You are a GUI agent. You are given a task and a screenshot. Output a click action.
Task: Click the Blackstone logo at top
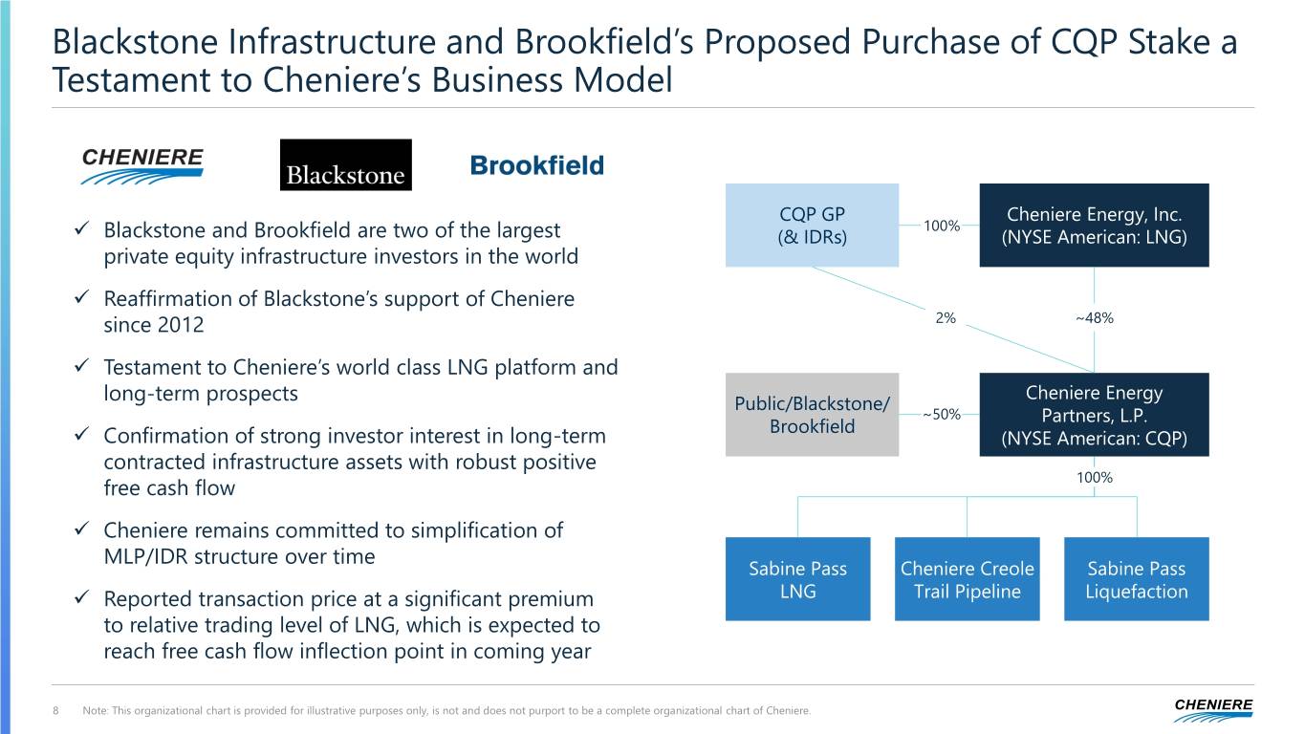[x=345, y=164]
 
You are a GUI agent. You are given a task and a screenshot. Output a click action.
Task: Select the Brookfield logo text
[x=536, y=165]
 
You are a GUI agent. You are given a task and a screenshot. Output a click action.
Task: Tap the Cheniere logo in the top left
[x=142, y=165]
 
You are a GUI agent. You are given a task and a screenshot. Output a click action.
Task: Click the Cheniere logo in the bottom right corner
[x=1213, y=710]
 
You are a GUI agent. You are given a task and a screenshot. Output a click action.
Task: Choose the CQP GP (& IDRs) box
[x=812, y=225]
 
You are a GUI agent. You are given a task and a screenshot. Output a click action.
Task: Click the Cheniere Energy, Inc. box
[x=1094, y=225]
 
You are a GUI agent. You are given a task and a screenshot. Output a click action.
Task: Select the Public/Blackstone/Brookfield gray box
[x=812, y=415]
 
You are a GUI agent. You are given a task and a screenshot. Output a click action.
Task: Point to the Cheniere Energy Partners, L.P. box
[x=1094, y=415]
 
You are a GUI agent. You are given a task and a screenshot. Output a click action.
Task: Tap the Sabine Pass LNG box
[x=797, y=579]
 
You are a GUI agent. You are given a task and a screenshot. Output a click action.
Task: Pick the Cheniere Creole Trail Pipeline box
[x=967, y=579]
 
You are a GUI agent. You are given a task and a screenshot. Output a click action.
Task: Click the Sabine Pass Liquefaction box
[x=1136, y=579]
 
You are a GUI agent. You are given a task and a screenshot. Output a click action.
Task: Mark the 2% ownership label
[x=946, y=318]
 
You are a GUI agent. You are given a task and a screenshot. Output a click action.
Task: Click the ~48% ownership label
[x=1094, y=318]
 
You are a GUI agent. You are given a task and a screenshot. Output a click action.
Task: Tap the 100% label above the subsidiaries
[x=1094, y=477]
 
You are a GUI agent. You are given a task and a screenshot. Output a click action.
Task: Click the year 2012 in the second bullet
[x=181, y=325]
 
